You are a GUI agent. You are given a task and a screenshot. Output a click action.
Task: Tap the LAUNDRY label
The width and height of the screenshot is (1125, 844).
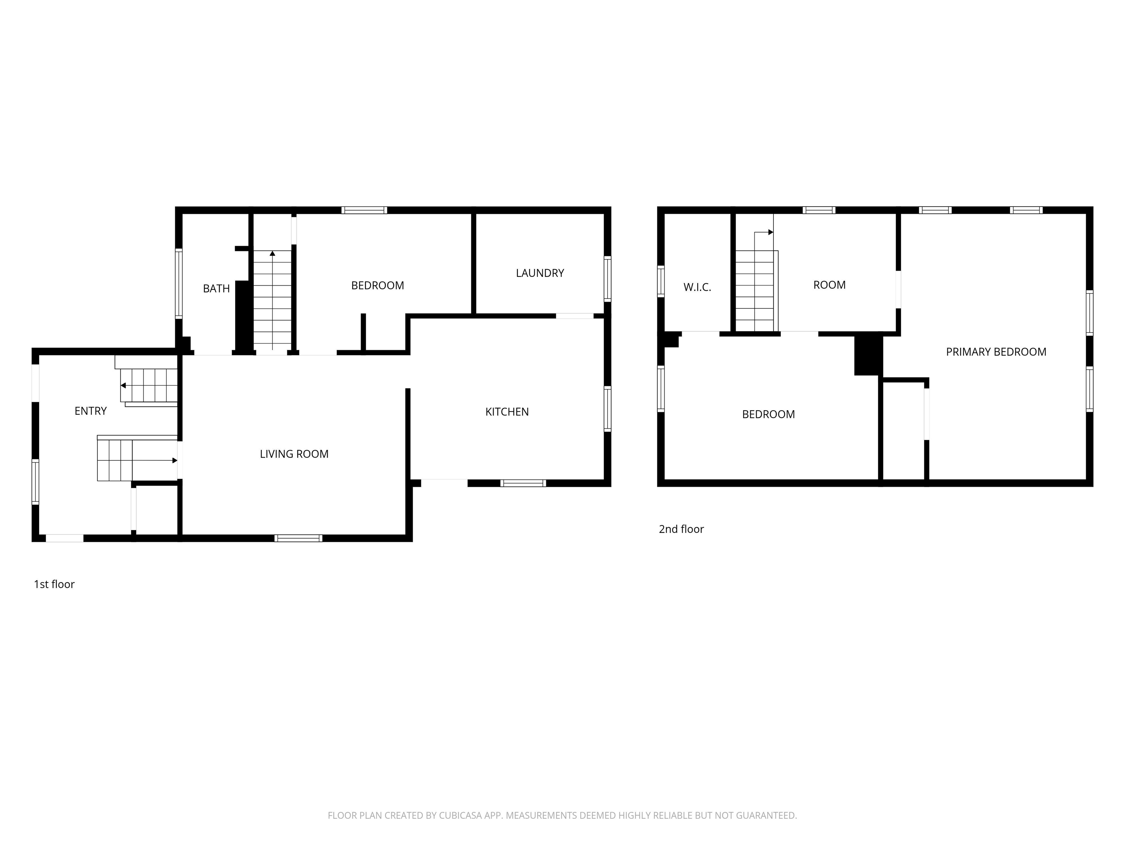tap(540, 273)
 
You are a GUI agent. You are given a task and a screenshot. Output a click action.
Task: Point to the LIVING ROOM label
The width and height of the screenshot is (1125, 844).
tap(294, 454)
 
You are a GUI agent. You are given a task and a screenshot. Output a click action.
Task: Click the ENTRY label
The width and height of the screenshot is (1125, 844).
tap(90, 411)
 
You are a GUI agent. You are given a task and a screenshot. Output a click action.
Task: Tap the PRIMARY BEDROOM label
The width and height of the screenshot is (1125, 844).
tap(996, 352)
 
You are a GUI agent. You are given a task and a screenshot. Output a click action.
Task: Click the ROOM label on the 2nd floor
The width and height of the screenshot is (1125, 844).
tap(829, 285)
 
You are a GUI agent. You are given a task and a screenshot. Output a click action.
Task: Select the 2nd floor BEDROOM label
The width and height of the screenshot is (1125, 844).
tap(768, 414)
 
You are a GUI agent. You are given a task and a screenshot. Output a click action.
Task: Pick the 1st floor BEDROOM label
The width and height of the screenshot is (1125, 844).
tap(377, 285)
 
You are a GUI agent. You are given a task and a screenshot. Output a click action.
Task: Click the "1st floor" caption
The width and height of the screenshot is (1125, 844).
tap(54, 584)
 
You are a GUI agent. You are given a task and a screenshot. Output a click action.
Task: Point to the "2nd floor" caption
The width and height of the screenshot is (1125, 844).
tap(681, 529)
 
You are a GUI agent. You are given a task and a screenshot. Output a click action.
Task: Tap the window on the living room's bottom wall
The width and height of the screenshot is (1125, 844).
tap(298, 538)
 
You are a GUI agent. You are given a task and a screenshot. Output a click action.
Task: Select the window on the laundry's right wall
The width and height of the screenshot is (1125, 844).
tap(607, 279)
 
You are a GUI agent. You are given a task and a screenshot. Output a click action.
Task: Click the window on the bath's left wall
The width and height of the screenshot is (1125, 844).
tap(178, 284)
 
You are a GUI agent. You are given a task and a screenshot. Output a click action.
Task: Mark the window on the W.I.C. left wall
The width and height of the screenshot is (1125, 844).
tap(661, 281)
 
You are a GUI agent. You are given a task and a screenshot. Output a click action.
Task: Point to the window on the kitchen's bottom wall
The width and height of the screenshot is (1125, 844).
tap(523, 483)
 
